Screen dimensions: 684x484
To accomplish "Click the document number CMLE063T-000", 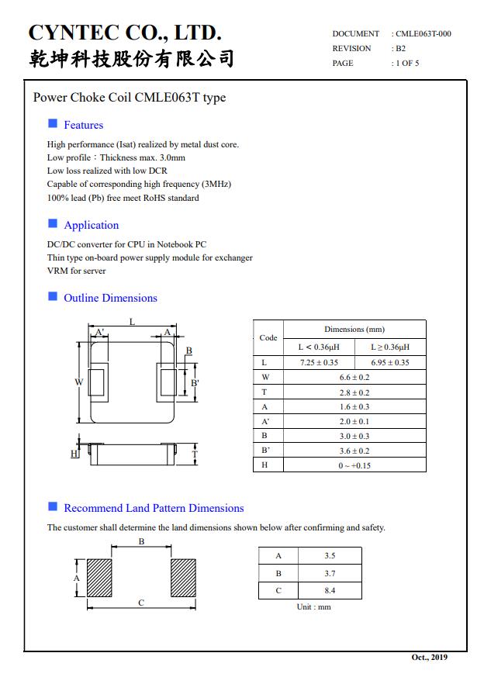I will pos(423,33).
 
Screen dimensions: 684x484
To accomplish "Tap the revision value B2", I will pos(400,48).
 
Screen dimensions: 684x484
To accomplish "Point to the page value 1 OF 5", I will pos(406,63).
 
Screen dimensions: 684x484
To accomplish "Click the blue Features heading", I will pos(83,125).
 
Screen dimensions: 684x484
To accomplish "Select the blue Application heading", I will pos(91,225).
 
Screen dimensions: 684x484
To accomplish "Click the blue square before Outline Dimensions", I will pos(53,296).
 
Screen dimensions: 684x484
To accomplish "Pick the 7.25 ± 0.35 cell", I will pos(319,362).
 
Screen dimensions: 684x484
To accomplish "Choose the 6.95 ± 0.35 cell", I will pos(389,362).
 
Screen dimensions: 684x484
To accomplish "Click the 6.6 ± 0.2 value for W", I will pos(354,377).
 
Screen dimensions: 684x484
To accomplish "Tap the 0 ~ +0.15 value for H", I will pos(354,465).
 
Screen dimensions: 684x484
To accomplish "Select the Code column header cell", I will pos(268,337).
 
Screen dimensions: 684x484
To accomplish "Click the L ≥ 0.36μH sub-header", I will pos(389,347).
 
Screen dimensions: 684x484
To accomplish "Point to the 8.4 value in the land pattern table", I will pos(330,591).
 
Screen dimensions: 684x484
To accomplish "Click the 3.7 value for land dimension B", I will pos(330,573).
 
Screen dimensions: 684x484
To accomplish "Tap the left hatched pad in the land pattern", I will pos(100,578).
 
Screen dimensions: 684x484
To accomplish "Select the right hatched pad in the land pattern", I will pos(183,578).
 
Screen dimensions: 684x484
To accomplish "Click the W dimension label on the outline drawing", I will pos(78,382).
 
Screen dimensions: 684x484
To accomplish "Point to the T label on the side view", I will pos(195,454).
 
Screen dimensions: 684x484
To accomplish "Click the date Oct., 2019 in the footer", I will pos(429,658).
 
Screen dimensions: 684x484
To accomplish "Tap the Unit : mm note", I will pos(313,606).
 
